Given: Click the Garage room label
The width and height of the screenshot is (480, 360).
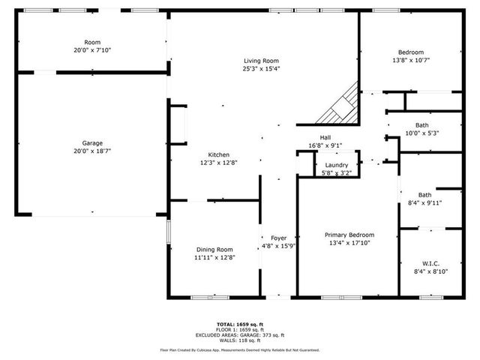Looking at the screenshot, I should tap(92, 142).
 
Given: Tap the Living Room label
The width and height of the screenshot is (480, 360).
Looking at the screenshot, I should tap(261, 61).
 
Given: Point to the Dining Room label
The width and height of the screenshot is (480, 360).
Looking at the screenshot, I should tap(214, 250).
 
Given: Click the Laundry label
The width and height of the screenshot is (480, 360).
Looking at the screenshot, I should tap(335, 165).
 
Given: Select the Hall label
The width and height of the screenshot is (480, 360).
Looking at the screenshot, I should tap(325, 137).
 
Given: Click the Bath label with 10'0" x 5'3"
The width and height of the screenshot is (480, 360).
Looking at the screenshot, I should tap(422, 125).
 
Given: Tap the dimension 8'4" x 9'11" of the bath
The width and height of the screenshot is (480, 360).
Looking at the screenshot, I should tap(424, 202).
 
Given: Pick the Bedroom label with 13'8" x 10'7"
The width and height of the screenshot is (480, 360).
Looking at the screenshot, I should tap(410, 52).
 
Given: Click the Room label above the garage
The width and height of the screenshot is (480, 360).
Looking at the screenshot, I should tap(92, 42).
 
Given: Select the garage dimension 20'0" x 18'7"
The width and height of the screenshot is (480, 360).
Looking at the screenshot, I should tap(92, 151).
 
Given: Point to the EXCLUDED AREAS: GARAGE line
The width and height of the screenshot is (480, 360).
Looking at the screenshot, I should tap(239, 334).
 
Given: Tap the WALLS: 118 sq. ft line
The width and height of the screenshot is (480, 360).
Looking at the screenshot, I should tap(239, 340).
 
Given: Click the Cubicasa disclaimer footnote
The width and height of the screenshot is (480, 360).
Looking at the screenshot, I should tap(239, 350).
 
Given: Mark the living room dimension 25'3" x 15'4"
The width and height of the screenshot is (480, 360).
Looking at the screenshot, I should tap(261, 69).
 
